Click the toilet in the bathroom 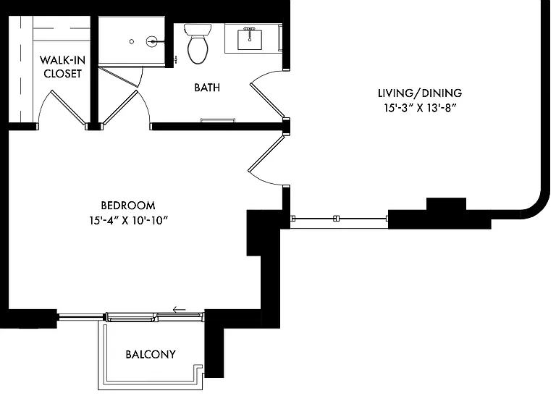198,43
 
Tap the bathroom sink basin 250,40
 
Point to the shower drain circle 132,41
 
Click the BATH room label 207,88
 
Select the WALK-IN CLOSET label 62,67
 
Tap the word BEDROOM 128,206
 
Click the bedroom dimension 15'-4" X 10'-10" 128,221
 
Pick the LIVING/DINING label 420,93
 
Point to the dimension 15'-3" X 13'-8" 420,108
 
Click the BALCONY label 151,354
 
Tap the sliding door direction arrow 180,310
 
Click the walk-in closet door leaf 69,108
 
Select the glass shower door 118,77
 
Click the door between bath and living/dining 267,101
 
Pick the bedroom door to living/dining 266,153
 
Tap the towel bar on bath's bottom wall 217,120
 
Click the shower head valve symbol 153,41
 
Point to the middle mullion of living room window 336,219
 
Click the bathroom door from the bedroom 120,108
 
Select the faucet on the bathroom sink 250,32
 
